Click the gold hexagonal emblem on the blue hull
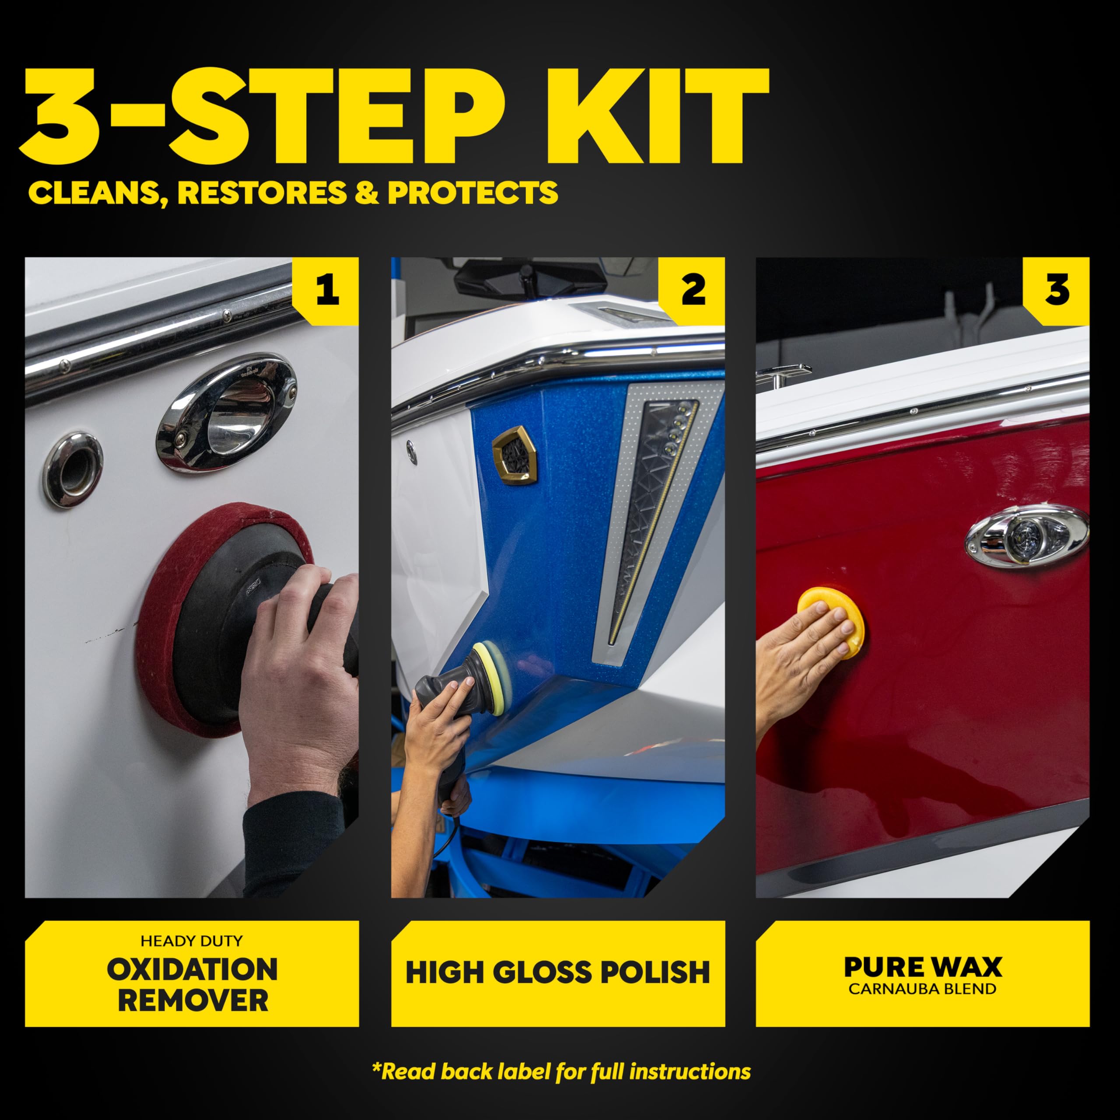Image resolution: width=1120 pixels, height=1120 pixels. click(514, 455)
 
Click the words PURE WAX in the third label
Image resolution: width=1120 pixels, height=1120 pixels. click(922, 967)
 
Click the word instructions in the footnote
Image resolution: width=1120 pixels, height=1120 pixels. click(690, 1072)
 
